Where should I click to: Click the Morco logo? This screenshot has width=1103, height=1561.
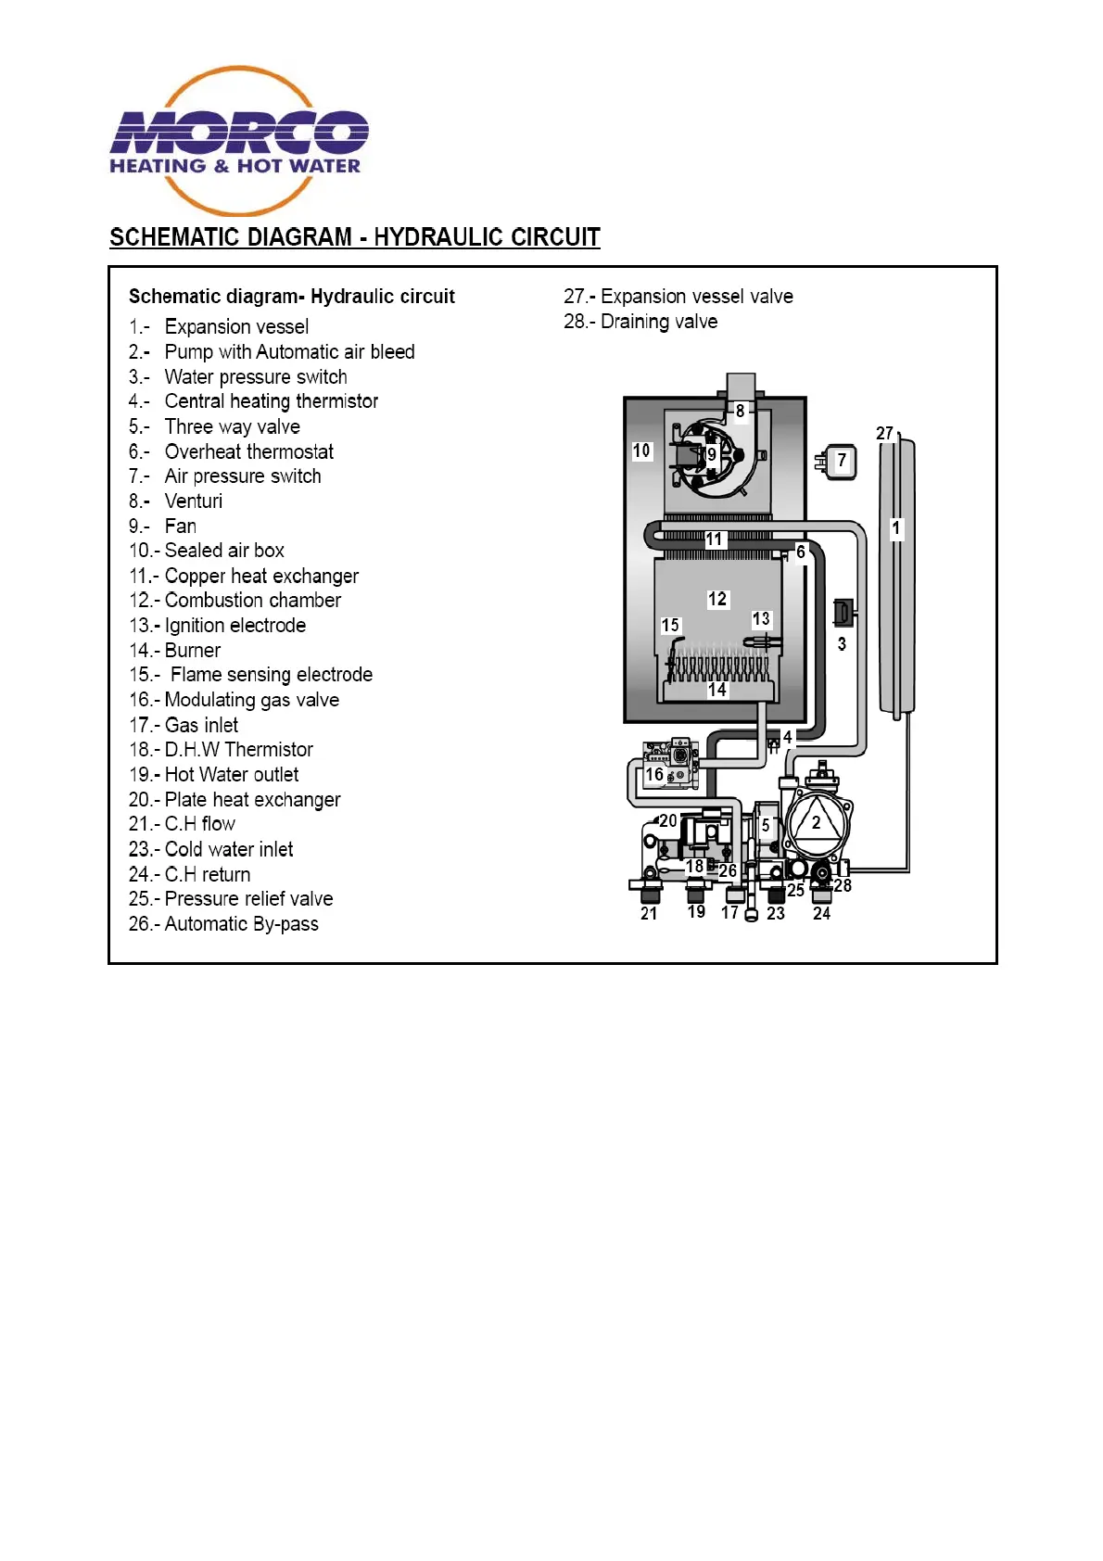click(x=239, y=140)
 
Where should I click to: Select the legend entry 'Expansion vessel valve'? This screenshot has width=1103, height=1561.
click(x=678, y=297)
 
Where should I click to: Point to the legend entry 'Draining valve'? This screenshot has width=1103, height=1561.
click(x=640, y=322)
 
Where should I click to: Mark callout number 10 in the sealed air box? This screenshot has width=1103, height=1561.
click(x=641, y=451)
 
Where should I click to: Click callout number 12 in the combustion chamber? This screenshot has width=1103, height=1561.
click(x=717, y=600)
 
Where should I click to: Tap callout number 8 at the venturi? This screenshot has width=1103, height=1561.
click(x=740, y=411)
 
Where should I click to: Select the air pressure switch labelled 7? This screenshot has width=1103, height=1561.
click(x=840, y=461)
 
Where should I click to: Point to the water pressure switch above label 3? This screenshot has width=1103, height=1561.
click(x=843, y=613)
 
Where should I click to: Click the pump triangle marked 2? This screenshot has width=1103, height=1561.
click(x=816, y=823)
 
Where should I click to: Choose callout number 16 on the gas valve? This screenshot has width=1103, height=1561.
click(x=654, y=774)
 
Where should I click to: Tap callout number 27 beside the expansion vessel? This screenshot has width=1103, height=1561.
click(x=884, y=434)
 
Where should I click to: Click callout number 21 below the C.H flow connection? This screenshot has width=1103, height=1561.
click(x=649, y=914)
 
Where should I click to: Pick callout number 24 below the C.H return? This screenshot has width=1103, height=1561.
click(x=821, y=914)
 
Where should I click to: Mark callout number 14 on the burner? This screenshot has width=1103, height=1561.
click(x=717, y=690)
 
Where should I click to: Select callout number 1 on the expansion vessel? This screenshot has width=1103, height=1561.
click(x=895, y=528)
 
